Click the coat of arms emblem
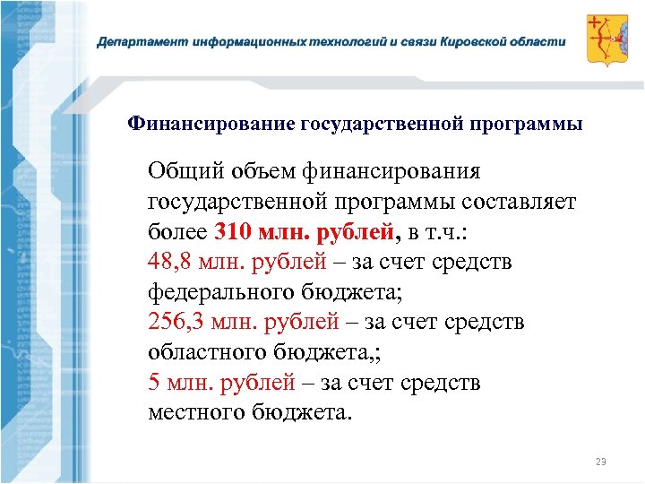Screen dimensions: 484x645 pyautogui.click(x=606, y=39)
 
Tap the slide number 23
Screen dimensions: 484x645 pyautogui.click(x=600, y=462)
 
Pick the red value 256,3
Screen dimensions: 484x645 pyautogui.click(x=176, y=322)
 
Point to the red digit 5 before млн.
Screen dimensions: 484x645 pyautogui.click(x=154, y=383)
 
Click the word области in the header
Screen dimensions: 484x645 pyautogui.click(x=541, y=42)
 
